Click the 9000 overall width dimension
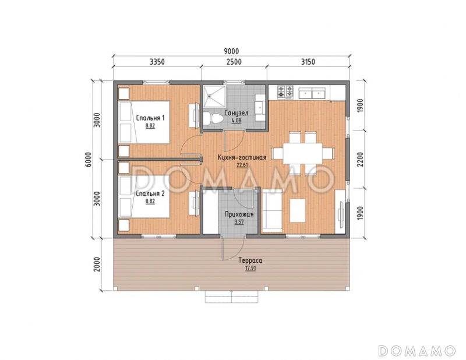[x=231, y=51]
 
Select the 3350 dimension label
[x=157, y=62]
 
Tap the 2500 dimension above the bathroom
[x=234, y=62]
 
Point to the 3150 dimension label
[x=308, y=62]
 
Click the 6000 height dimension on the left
[x=89, y=160]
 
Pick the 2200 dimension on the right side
[x=360, y=160]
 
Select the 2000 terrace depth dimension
[x=97, y=264]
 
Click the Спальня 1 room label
[x=150, y=118]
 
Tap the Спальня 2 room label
[x=150, y=193]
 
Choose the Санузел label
[x=236, y=113]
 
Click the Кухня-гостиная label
[x=242, y=157]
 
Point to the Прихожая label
[x=239, y=214]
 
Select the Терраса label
[x=250, y=260]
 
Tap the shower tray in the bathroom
[x=214, y=96]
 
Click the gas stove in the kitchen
[x=285, y=92]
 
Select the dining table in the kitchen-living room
[x=302, y=153]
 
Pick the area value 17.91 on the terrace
[x=250, y=268]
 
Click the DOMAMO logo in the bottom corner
[x=417, y=351]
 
